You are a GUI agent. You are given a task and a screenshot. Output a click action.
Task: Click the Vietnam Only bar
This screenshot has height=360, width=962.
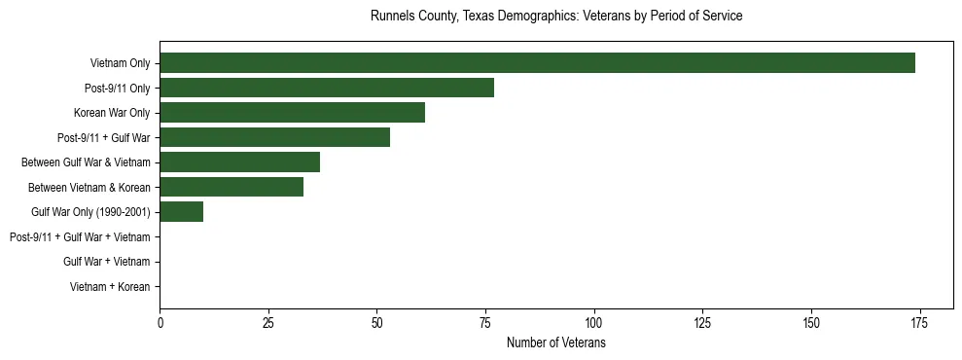(x=537, y=63)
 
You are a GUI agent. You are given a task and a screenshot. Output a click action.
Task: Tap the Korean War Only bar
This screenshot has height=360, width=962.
(x=292, y=113)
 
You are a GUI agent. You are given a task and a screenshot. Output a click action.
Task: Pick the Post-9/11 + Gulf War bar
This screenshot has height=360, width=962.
(x=274, y=137)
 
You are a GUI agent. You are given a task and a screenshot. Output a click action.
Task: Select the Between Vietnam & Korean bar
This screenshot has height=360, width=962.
(x=232, y=187)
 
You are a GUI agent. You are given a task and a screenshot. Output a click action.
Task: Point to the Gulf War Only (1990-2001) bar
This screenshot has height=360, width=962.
(x=181, y=212)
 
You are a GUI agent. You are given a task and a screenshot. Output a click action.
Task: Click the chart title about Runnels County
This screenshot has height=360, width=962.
(x=556, y=17)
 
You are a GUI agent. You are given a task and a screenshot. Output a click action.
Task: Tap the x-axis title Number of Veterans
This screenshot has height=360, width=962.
(x=556, y=343)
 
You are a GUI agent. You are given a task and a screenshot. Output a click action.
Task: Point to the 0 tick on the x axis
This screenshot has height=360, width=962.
(x=160, y=323)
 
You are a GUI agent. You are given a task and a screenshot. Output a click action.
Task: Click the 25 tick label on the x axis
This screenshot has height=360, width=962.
(x=268, y=323)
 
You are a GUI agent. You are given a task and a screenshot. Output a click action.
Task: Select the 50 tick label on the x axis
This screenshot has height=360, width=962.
(x=376, y=323)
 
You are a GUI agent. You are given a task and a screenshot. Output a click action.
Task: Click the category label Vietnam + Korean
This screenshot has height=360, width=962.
(x=110, y=287)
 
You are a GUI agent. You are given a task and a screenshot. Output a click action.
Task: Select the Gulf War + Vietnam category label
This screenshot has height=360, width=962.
(x=106, y=262)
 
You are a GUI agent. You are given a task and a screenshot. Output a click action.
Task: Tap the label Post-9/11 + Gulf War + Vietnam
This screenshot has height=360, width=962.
(x=80, y=237)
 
